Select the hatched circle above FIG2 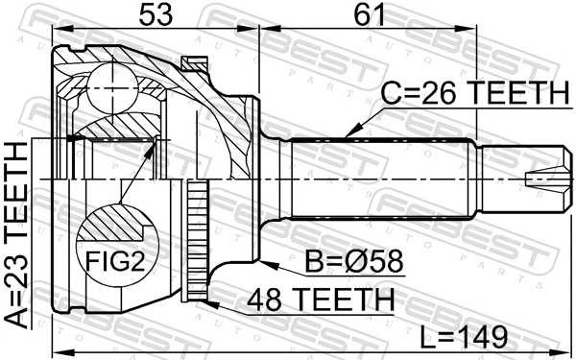114,227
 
